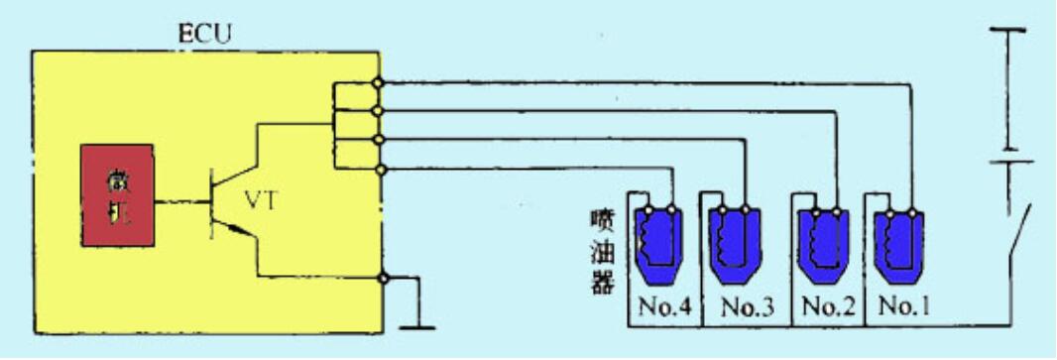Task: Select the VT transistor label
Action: coord(262,202)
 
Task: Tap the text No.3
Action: coord(746,306)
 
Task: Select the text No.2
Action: coord(828,306)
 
